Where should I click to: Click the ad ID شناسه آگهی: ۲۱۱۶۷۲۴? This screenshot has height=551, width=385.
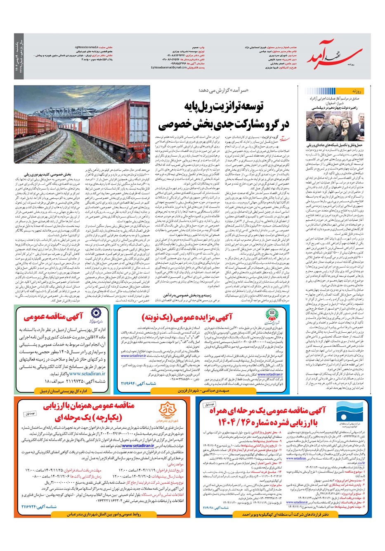coord(31,507)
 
